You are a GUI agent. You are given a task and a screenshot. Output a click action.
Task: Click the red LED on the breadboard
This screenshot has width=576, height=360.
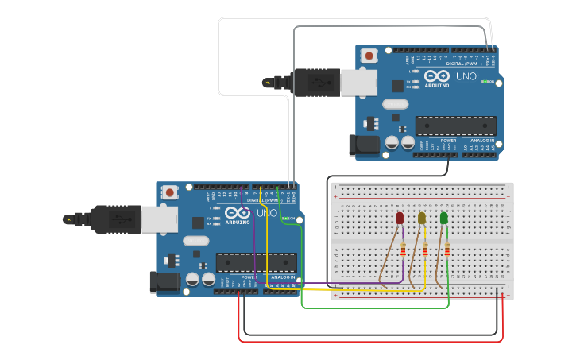400,218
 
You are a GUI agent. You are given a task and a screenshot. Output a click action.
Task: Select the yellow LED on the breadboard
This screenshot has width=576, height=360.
422,218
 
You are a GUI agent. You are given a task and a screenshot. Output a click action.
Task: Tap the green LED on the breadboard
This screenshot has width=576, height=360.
443,217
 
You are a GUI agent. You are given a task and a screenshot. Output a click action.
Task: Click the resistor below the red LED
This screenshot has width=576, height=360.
403,250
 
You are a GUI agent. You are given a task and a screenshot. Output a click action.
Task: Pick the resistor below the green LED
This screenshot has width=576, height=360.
446,250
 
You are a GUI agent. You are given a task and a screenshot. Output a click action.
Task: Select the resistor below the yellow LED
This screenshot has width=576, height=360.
424,250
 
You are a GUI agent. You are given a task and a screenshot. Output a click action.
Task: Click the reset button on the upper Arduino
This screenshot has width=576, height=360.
369,56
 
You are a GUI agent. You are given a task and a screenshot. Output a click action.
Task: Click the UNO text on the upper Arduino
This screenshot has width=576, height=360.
466,76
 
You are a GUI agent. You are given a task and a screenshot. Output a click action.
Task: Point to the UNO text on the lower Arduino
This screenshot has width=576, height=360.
267,213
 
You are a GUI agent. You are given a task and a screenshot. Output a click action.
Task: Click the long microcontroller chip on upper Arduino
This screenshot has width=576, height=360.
455,126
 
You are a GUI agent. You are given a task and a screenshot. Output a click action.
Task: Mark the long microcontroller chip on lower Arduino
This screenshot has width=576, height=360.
256,261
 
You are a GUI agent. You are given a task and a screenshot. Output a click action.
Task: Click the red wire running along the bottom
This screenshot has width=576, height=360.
369,342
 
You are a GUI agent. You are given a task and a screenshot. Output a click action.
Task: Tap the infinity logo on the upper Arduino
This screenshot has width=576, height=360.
437,76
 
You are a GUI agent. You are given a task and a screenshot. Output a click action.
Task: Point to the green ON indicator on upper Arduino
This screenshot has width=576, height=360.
485,82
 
